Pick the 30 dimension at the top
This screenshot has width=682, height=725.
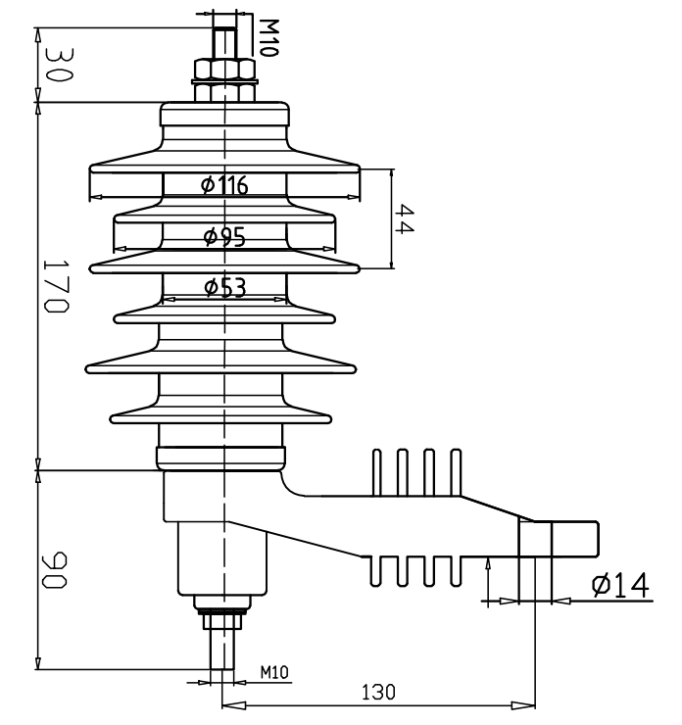click(55, 66)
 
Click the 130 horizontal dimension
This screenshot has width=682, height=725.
click(377, 692)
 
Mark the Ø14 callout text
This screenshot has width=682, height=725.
click(620, 585)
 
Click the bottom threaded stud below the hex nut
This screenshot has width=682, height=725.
click(224, 651)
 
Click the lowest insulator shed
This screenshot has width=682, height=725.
click(224, 414)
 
